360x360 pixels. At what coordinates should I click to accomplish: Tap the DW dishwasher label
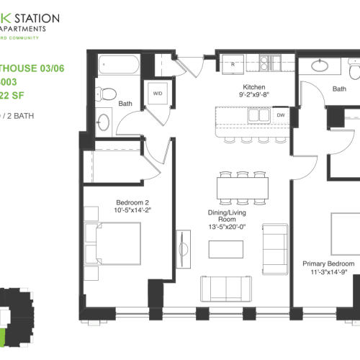click(x=280, y=114)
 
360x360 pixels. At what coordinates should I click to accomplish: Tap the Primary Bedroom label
click(x=328, y=264)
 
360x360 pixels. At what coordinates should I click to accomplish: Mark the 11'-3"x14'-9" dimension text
click(x=328, y=272)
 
